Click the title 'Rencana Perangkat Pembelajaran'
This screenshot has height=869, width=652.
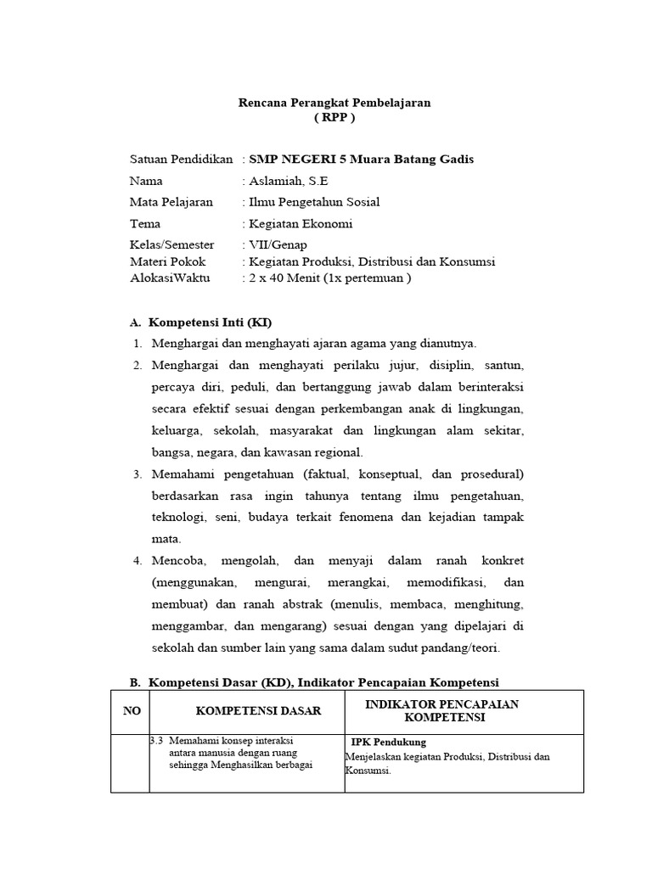(x=334, y=102)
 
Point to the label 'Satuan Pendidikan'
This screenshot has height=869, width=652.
(x=181, y=160)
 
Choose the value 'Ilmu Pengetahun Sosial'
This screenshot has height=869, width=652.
(x=313, y=202)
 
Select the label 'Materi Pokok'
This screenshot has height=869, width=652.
(x=167, y=261)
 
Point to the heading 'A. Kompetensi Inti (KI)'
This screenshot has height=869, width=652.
(x=200, y=322)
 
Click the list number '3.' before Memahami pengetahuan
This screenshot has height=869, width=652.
(x=138, y=474)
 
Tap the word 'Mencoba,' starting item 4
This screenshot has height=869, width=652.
(x=178, y=561)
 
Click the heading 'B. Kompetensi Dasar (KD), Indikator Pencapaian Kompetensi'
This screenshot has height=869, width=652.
(x=313, y=682)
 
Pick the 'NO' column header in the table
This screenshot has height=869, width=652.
(x=132, y=711)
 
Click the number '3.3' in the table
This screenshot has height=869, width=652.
(x=156, y=740)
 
